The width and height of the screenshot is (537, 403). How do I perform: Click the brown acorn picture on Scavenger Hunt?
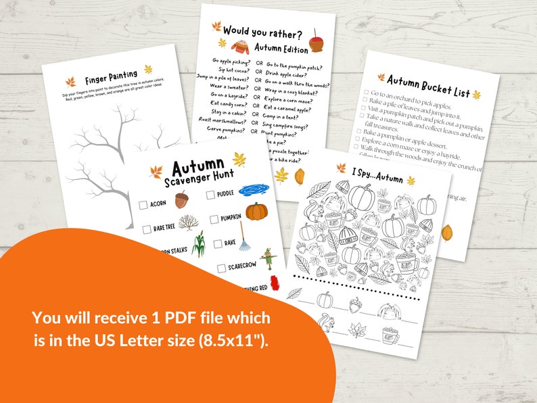[181, 199]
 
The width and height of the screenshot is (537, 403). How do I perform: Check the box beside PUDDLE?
[210, 195]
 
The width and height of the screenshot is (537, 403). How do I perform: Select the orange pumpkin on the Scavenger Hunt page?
[256, 211]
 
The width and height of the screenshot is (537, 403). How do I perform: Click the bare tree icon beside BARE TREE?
[188, 222]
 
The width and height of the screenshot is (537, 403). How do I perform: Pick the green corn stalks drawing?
[197, 244]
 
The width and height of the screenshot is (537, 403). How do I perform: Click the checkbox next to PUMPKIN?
[214, 218]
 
